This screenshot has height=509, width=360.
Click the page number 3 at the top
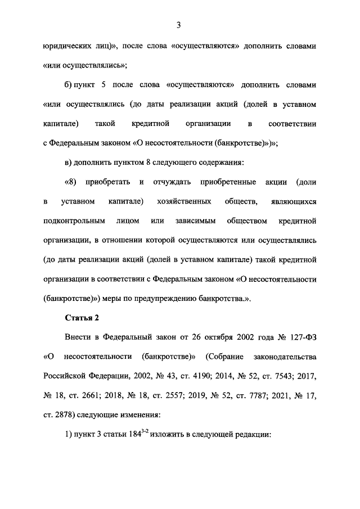(x=179, y=24)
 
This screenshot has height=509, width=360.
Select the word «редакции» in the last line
(x=251, y=435)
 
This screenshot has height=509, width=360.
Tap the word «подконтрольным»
(x=75, y=220)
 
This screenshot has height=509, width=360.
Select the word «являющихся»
(x=290, y=201)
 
